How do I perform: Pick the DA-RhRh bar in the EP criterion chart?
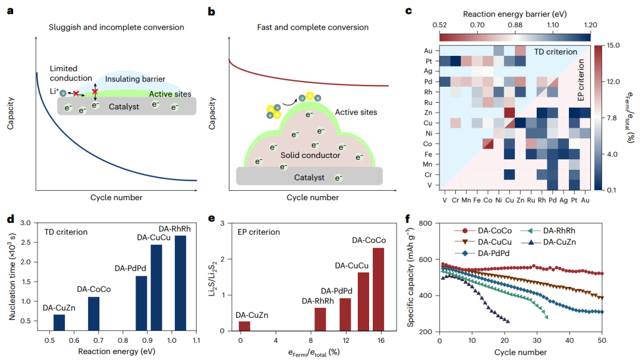tap(320, 319)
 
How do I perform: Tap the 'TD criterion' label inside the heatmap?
tap(553, 52)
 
